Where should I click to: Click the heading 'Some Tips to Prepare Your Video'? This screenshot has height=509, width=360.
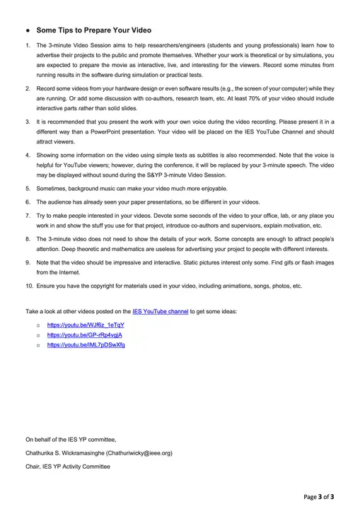click(x=93, y=30)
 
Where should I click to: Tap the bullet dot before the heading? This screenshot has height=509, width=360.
click(x=27, y=30)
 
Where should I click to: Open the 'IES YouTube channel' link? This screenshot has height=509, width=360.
click(x=160, y=311)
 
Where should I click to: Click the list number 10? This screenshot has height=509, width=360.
click(x=29, y=286)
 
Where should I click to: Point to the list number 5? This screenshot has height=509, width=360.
click(x=28, y=189)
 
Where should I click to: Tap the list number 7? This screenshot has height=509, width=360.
click(x=28, y=215)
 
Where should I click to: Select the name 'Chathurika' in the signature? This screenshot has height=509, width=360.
click(x=42, y=453)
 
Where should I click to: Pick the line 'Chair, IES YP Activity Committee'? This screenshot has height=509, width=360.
click(x=68, y=467)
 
